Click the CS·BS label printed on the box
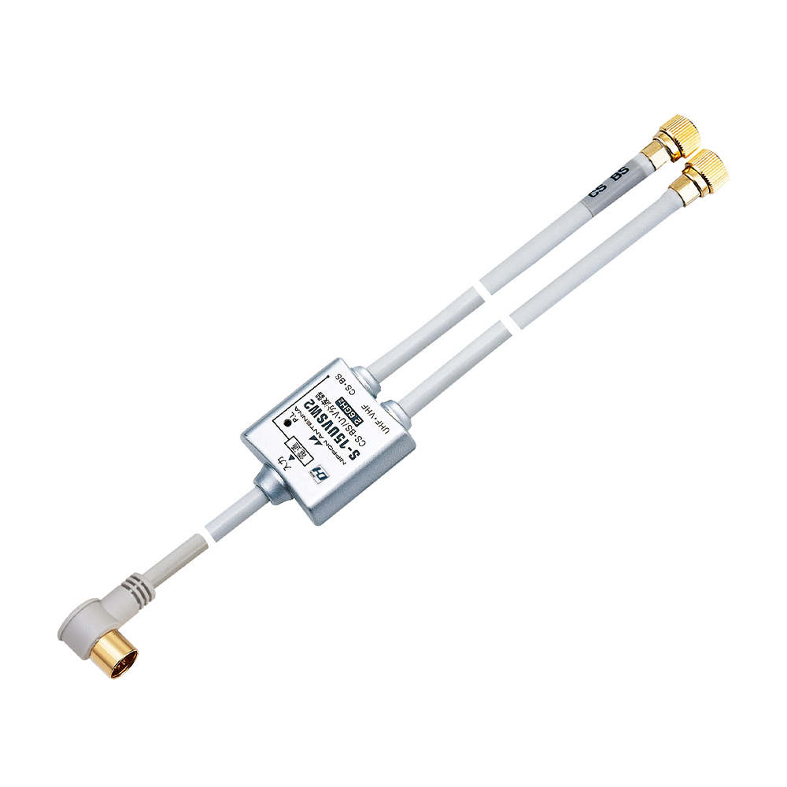click(x=345, y=387)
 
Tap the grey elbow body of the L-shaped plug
click(x=85, y=626)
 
